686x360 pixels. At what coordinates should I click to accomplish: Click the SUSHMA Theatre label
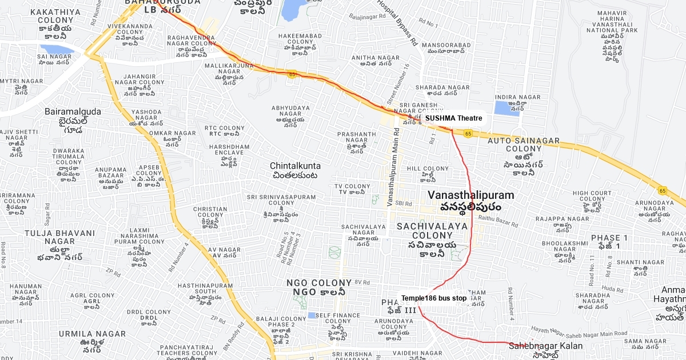(453, 118)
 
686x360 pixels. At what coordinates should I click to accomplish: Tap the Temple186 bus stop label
(433, 298)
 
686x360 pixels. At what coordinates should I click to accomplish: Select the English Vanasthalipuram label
(470, 195)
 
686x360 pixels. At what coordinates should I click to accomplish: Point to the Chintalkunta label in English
(295, 166)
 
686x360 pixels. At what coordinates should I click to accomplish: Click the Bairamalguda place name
(73, 111)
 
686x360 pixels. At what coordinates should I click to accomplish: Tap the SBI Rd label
(404, 203)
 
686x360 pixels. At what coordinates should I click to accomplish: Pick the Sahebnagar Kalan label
(545, 346)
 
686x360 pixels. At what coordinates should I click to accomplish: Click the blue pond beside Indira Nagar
(503, 109)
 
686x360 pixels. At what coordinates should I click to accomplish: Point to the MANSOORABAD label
(449, 45)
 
